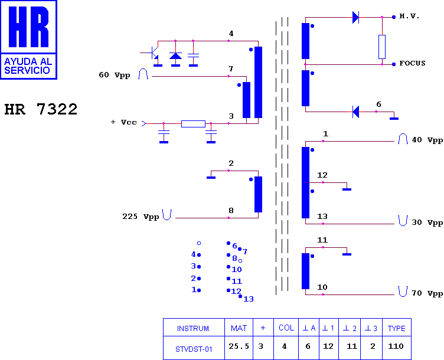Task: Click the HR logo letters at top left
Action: click(x=28, y=27)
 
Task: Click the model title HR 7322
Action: click(x=41, y=109)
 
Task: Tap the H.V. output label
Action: click(x=409, y=16)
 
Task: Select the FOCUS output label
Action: click(x=412, y=63)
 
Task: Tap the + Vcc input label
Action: click(x=124, y=122)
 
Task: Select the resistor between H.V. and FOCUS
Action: click(x=382, y=47)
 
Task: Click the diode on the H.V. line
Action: click(x=355, y=17)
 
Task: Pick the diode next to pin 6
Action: click(x=355, y=112)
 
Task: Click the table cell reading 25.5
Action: click(x=239, y=346)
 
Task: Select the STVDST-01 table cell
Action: click(x=194, y=349)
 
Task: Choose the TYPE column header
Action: click(x=396, y=328)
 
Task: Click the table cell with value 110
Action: click(x=396, y=346)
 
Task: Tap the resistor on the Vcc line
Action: click(x=193, y=124)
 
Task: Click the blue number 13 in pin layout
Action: click(x=249, y=299)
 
